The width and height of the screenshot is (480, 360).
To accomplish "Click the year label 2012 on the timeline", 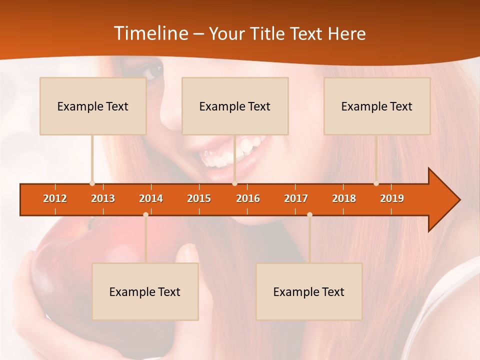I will click(x=55, y=198).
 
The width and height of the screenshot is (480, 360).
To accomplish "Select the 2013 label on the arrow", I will click(x=103, y=198).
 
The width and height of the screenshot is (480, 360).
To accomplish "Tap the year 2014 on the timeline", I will click(x=151, y=198).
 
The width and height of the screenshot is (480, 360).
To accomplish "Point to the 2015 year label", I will click(x=199, y=198).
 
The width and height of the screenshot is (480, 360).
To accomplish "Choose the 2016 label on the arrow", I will click(x=248, y=198).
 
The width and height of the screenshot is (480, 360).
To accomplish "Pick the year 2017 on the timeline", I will click(x=296, y=198).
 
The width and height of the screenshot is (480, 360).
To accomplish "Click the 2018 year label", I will click(x=344, y=198).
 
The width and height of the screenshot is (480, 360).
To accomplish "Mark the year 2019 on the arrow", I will click(x=392, y=198).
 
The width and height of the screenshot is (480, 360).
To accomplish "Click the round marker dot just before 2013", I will click(x=92, y=183).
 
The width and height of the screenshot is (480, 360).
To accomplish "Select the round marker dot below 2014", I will click(x=145, y=215).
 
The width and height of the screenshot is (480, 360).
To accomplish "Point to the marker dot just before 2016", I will click(x=234, y=183).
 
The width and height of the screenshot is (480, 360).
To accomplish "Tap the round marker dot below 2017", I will click(x=309, y=215).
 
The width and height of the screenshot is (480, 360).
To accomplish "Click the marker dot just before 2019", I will click(x=376, y=183).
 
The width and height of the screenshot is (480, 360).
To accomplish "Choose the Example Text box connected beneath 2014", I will click(x=145, y=292).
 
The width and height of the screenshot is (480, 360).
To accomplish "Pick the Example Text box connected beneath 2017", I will click(x=309, y=292).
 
